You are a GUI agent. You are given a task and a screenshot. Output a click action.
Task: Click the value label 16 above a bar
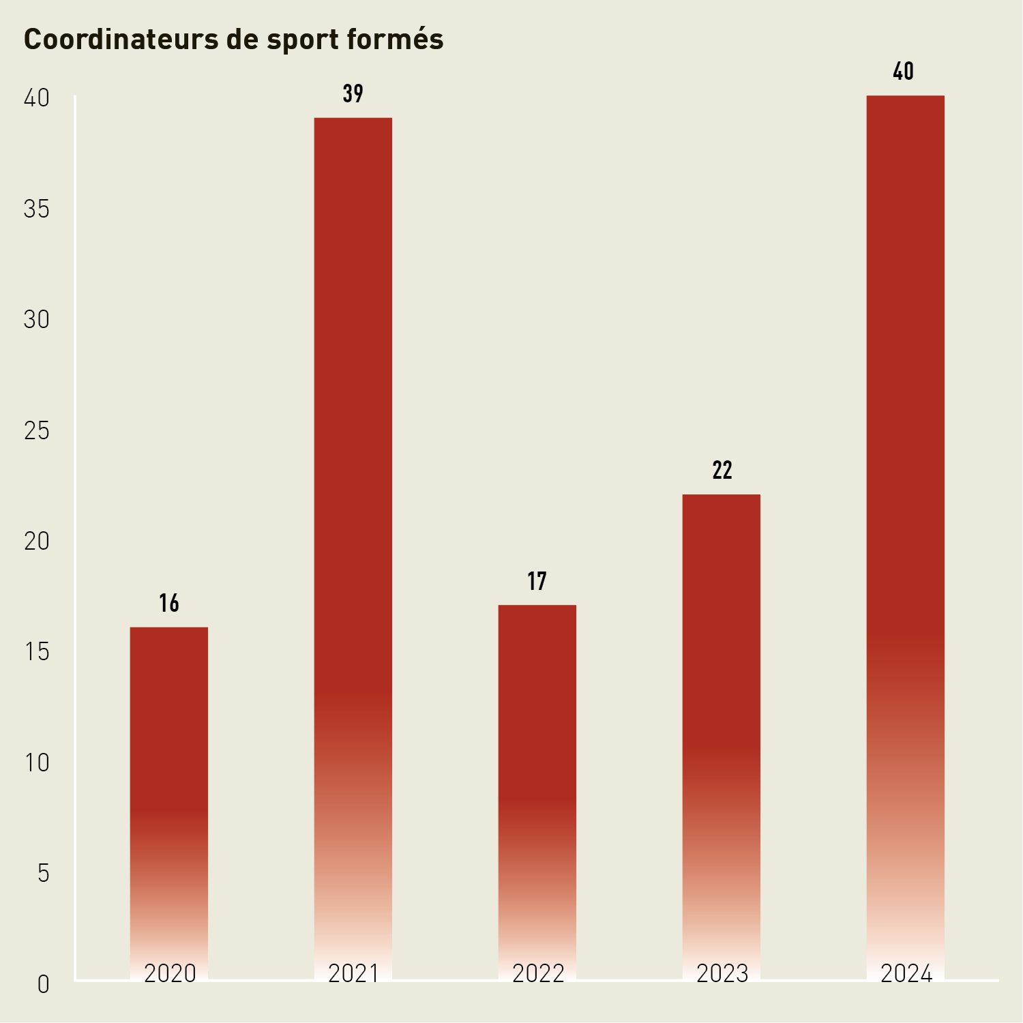(169, 603)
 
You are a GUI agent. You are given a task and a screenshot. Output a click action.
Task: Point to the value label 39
(353, 93)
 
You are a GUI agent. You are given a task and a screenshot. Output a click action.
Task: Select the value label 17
(537, 581)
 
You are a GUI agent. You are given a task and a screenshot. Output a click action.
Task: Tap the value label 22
(722, 471)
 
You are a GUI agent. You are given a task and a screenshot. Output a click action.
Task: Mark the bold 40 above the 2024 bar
(904, 72)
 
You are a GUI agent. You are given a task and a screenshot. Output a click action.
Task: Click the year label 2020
(170, 973)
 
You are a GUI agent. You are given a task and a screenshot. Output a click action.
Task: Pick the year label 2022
(538, 973)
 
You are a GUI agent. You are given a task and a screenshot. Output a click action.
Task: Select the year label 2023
(722, 973)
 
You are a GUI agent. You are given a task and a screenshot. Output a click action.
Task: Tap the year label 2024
(906, 973)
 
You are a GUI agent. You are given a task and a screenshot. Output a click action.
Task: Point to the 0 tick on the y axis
(43, 984)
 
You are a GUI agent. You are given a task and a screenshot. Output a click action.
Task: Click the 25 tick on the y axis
(37, 430)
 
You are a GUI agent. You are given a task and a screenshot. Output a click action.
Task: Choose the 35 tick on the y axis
(37, 209)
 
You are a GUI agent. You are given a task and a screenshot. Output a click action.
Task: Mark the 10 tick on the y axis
(37, 762)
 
